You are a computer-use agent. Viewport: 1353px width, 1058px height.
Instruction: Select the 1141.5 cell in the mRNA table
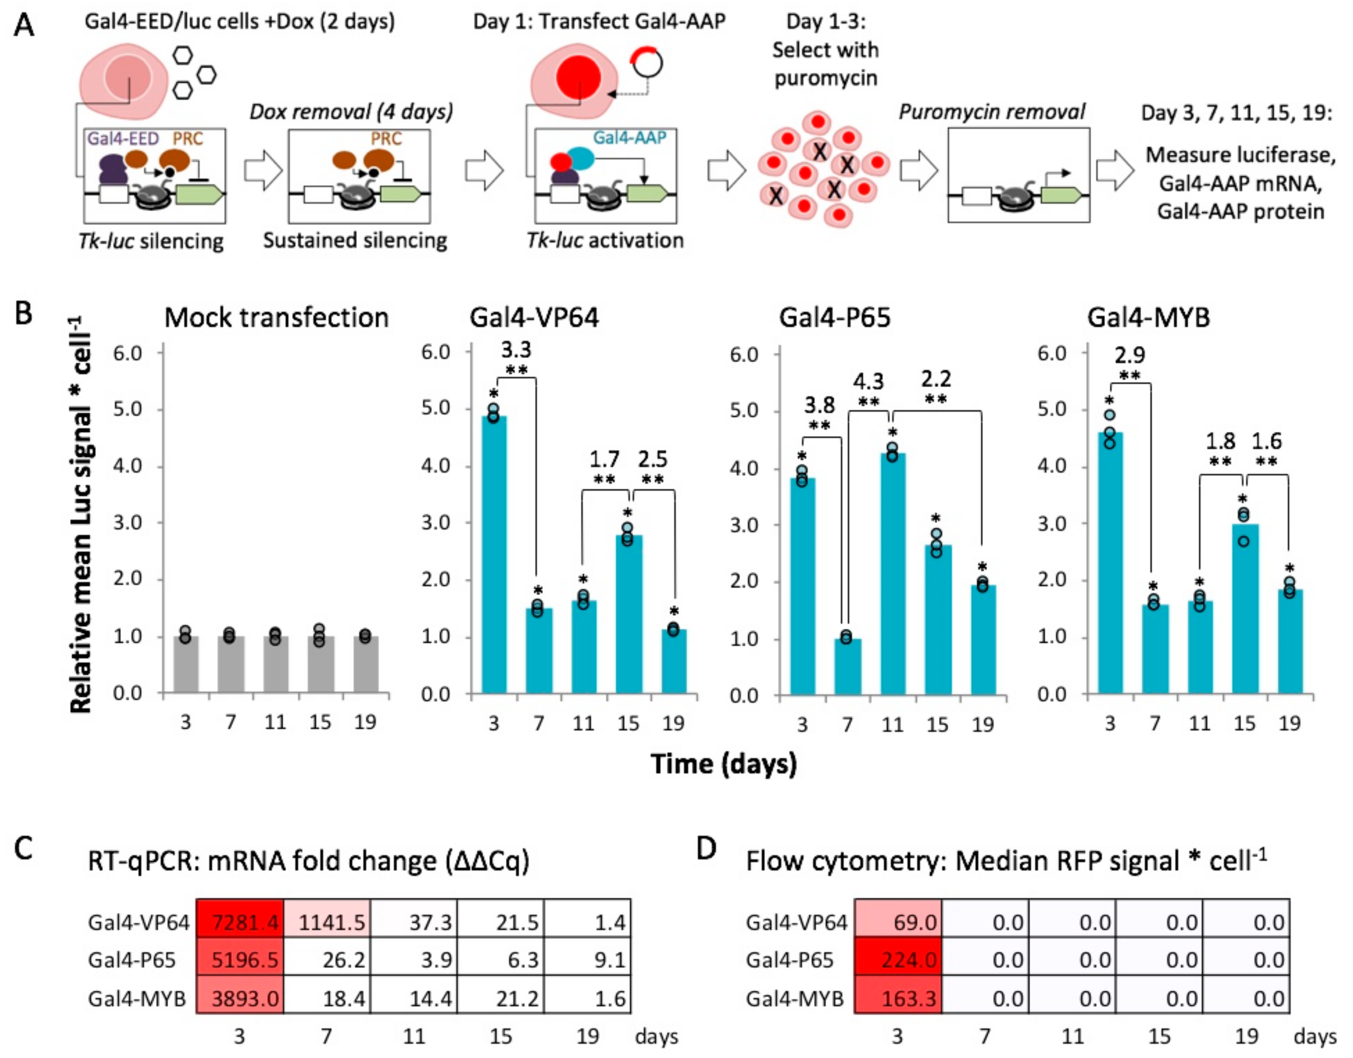[327, 922]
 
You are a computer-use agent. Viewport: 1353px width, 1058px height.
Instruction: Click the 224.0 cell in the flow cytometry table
[898, 959]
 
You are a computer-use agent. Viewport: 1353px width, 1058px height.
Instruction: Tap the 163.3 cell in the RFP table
[898, 998]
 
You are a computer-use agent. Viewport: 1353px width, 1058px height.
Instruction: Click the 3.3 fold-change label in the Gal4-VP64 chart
[516, 350]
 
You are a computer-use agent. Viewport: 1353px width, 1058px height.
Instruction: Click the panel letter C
[24, 849]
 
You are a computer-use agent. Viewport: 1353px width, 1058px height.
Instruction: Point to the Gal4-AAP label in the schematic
[629, 138]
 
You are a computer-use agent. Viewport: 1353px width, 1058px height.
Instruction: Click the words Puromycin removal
[992, 112]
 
